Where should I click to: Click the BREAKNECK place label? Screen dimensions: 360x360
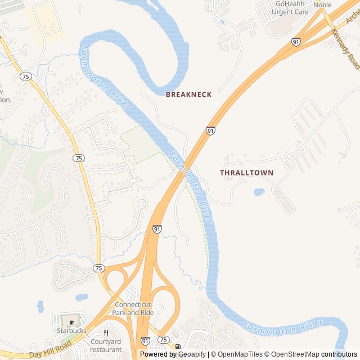point(188,94)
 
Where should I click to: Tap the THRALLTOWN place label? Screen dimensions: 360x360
point(246,173)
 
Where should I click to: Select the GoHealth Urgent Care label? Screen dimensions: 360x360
point(292,7)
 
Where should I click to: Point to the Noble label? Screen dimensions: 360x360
point(322,5)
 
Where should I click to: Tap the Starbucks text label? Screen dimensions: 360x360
point(71,331)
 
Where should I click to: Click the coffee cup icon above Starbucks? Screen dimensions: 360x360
point(71,322)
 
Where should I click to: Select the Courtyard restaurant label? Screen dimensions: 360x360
point(106,345)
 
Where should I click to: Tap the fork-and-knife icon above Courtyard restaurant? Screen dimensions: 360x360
point(106,333)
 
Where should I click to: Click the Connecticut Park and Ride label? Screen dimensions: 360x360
point(133,308)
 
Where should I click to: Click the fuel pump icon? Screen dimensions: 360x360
point(178,346)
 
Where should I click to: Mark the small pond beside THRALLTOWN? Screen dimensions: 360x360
point(259,192)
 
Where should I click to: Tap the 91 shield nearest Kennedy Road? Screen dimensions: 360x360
point(296,42)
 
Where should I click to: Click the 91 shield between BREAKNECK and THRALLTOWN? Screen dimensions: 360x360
point(210,130)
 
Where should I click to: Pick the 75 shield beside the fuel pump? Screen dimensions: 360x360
point(163,340)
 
